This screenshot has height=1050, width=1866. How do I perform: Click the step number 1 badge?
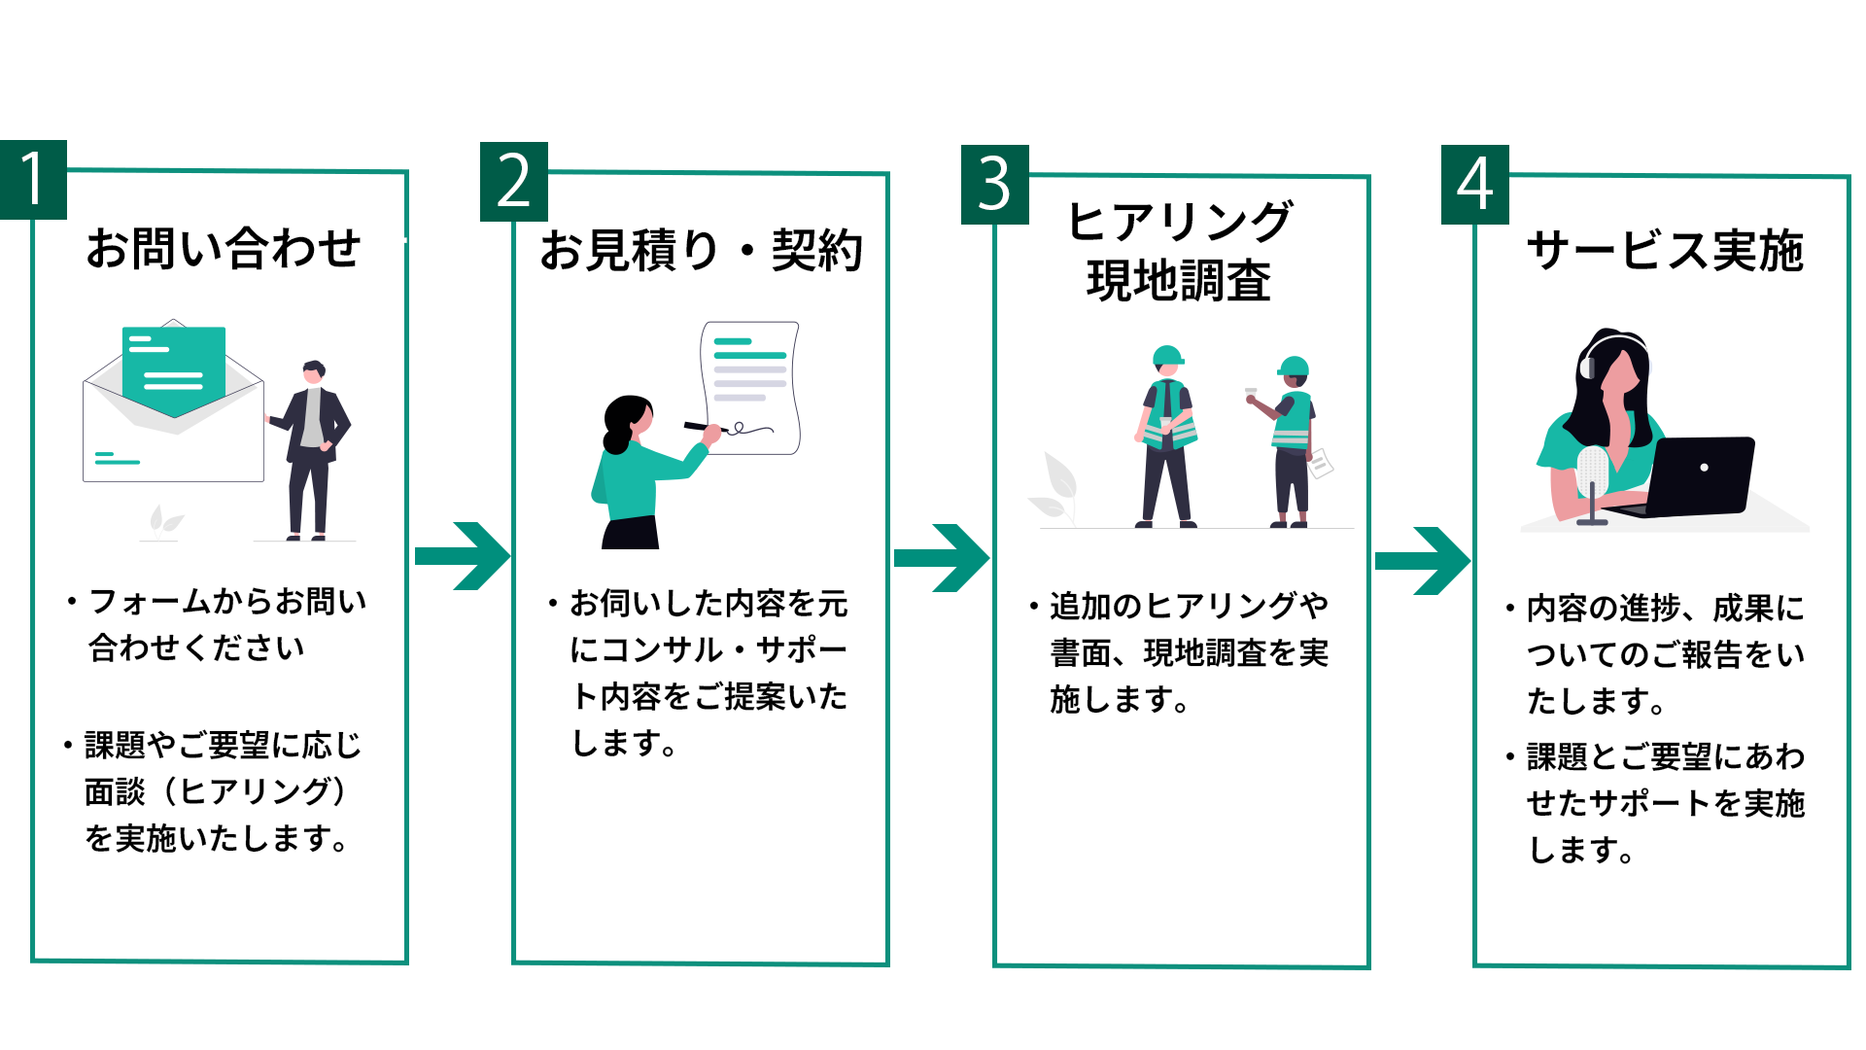tap(33, 180)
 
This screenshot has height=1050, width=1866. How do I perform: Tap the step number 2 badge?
tap(514, 182)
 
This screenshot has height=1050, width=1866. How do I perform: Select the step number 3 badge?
tap(994, 185)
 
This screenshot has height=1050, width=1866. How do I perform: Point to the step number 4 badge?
tap(1474, 185)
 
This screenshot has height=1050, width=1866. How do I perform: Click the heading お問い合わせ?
tap(224, 248)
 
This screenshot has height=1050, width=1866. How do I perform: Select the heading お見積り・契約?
tap(701, 251)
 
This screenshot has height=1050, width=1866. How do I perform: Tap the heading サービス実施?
tap(1665, 251)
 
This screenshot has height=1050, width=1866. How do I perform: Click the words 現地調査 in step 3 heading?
tap(1179, 282)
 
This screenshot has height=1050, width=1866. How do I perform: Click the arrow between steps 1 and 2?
tap(463, 556)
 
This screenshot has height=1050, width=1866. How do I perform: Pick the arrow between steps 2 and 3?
tap(942, 558)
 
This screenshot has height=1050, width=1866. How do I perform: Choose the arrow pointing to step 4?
tap(1423, 561)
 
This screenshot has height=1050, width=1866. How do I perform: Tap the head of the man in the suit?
tap(313, 372)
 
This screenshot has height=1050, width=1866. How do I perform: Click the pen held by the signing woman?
tap(704, 427)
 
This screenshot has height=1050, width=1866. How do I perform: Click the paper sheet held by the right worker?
tap(1320, 463)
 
